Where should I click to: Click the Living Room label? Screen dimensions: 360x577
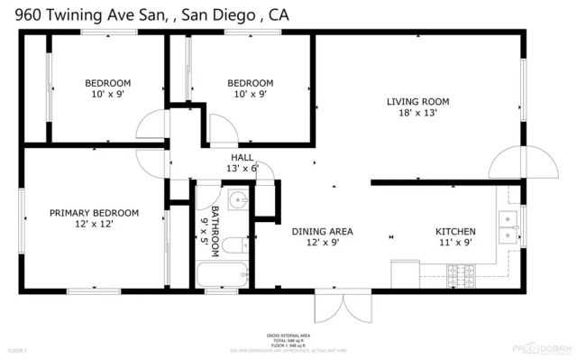point(417,101)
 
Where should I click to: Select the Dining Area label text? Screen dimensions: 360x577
point(322,232)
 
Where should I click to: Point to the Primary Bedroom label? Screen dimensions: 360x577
point(94,213)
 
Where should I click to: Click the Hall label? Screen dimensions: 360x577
point(242,157)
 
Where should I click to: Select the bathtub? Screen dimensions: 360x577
point(220,273)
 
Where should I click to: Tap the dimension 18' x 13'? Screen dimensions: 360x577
point(417,113)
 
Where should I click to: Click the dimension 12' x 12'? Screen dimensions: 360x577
point(94,225)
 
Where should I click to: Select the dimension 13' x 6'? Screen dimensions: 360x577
point(242,168)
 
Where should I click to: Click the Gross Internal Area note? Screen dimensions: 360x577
point(288,335)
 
